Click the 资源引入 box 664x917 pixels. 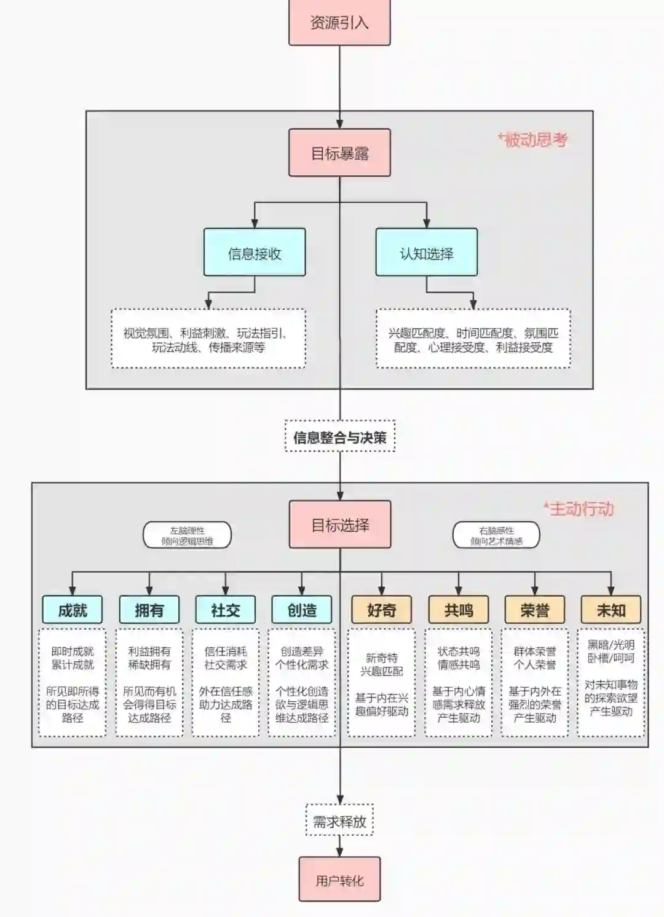(339, 23)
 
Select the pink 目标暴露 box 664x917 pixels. (339, 153)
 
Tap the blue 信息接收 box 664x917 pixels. (255, 253)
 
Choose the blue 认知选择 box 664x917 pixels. (426, 253)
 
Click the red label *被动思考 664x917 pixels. (532, 140)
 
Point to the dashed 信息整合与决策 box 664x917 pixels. (339, 437)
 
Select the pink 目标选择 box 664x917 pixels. (339, 524)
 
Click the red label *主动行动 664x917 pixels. (579, 509)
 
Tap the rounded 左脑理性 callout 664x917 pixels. (187, 535)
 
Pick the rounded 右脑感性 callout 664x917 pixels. (496, 535)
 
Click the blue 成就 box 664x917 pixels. (73, 610)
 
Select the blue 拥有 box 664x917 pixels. (149, 610)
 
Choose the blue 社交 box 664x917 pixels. (225, 610)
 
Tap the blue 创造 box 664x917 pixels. (301, 610)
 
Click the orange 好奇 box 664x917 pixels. (381, 610)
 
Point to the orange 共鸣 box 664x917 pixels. (458, 610)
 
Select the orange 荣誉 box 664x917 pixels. (534, 610)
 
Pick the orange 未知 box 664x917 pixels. (611, 610)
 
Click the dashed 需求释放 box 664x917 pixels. (339, 821)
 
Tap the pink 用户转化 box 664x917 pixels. (339, 880)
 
